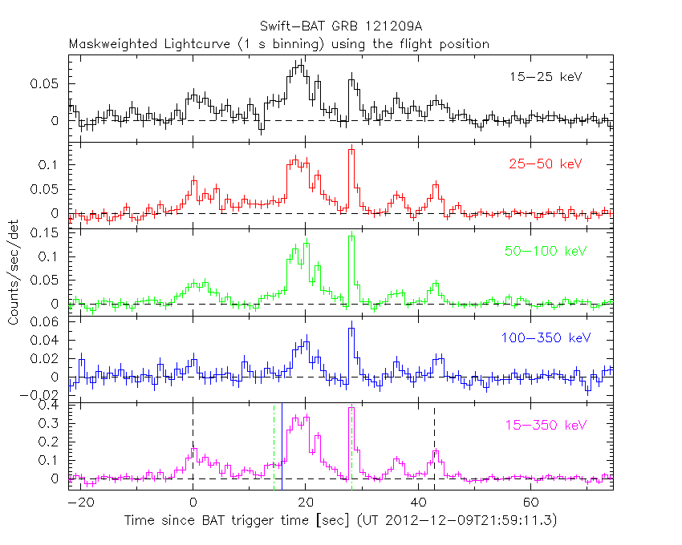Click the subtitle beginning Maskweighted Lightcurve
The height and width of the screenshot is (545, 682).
pyautogui.click(x=278, y=43)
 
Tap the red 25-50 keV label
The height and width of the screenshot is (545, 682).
pyautogui.click(x=545, y=164)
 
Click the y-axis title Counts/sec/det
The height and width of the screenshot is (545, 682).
pyautogui.click(x=14, y=273)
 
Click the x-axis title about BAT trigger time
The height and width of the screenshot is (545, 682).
pyautogui.click(x=340, y=520)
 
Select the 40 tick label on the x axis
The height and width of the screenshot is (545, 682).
pyautogui.click(x=418, y=502)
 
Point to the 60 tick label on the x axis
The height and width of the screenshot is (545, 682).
pyautogui.click(x=530, y=502)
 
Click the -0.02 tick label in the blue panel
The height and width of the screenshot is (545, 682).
pyautogui.click(x=43, y=395)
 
